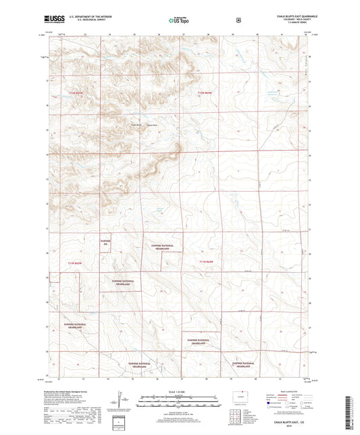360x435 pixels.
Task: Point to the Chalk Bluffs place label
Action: coord(136,124)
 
